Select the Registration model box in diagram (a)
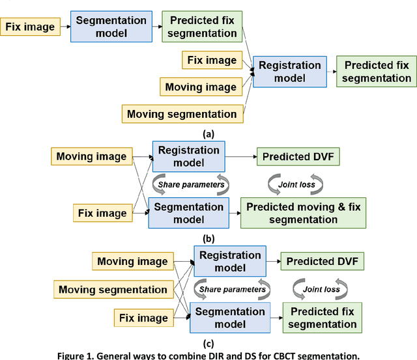click(x=290, y=72)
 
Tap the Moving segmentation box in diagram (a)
click(x=182, y=114)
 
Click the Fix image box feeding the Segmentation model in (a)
click(x=30, y=27)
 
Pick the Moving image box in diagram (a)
click(x=201, y=87)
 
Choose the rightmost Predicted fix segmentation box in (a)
click(x=377, y=72)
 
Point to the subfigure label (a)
click(x=208, y=134)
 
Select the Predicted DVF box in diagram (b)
click(x=298, y=157)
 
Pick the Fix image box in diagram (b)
click(x=102, y=213)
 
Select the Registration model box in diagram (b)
click(x=188, y=157)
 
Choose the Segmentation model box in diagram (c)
click(x=231, y=318)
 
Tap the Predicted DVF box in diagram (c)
click(x=322, y=262)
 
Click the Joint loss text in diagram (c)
click(x=322, y=290)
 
